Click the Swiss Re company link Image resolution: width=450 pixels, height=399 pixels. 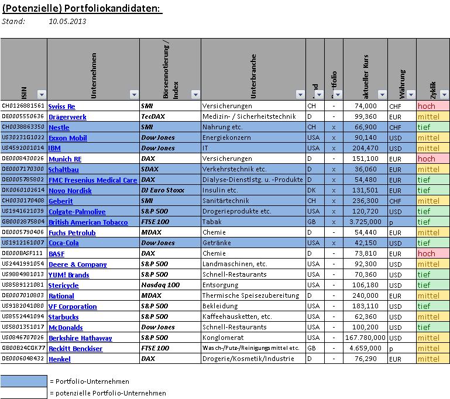[61, 106]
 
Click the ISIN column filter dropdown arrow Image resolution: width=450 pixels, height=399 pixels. [41, 94]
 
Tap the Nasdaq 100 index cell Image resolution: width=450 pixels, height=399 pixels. [159, 286]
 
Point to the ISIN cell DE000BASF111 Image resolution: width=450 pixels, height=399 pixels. [23, 254]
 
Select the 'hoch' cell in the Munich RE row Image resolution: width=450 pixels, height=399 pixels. [432, 159]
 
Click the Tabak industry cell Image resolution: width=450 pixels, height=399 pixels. [211, 222]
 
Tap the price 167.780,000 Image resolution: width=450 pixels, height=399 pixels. [365, 338]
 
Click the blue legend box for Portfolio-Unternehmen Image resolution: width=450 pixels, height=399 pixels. [23, 381]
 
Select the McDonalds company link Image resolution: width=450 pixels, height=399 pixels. [66, 328]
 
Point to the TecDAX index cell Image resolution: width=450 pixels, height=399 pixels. [153, 117]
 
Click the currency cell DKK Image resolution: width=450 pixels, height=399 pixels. [396, 191]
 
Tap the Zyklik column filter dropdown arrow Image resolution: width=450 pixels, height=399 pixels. [444, 94]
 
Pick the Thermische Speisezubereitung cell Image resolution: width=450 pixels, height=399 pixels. [250, 296]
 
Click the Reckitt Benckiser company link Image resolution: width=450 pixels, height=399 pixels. [75, 349]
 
